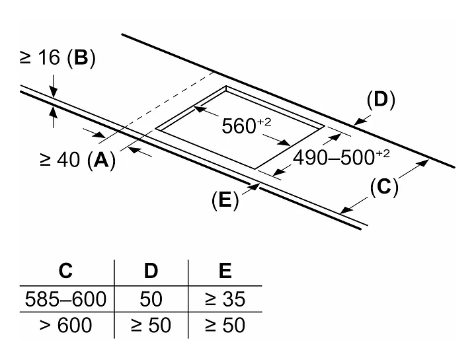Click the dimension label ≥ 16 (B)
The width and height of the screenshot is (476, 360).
57,59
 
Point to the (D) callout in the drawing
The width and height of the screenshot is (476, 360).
381,100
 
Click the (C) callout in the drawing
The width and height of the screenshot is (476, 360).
384,187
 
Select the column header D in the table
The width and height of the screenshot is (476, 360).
151,271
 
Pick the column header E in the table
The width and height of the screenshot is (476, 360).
225,271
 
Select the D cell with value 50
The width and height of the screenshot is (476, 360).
151,299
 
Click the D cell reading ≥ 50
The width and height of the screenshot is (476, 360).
151,325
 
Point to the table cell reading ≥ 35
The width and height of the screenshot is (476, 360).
225,299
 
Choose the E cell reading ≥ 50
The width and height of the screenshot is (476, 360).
225,325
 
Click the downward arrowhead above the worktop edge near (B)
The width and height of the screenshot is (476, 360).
53,92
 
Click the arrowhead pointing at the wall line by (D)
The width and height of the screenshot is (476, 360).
358,122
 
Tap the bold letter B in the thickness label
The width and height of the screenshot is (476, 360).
81,59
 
